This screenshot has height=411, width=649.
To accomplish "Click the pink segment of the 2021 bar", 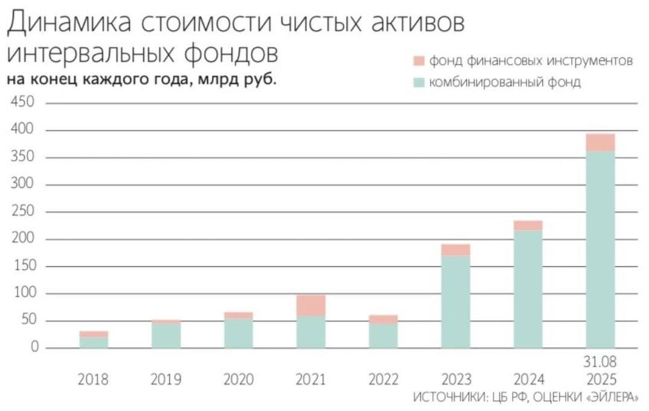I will point(311,305).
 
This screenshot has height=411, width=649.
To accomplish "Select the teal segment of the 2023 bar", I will point(456,302).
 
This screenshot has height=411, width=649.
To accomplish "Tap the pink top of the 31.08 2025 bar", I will point(601,142).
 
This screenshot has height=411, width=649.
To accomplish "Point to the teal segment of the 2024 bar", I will point(528,289).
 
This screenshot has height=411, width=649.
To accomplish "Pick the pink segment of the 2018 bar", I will point(94,334).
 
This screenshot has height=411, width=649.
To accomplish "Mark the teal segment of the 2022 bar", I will point(383,336).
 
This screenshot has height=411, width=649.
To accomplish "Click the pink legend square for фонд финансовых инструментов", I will point(420,61).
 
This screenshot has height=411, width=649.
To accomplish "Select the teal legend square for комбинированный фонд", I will point(420,83).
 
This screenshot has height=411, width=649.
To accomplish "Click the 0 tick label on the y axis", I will point(34,348).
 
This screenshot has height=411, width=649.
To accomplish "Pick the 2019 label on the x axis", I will point(166,380).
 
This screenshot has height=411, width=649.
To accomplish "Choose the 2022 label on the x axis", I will point(383,380).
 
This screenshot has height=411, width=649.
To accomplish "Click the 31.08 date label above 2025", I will point(601,362).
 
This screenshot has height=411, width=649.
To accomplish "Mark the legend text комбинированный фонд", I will point(504,83).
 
